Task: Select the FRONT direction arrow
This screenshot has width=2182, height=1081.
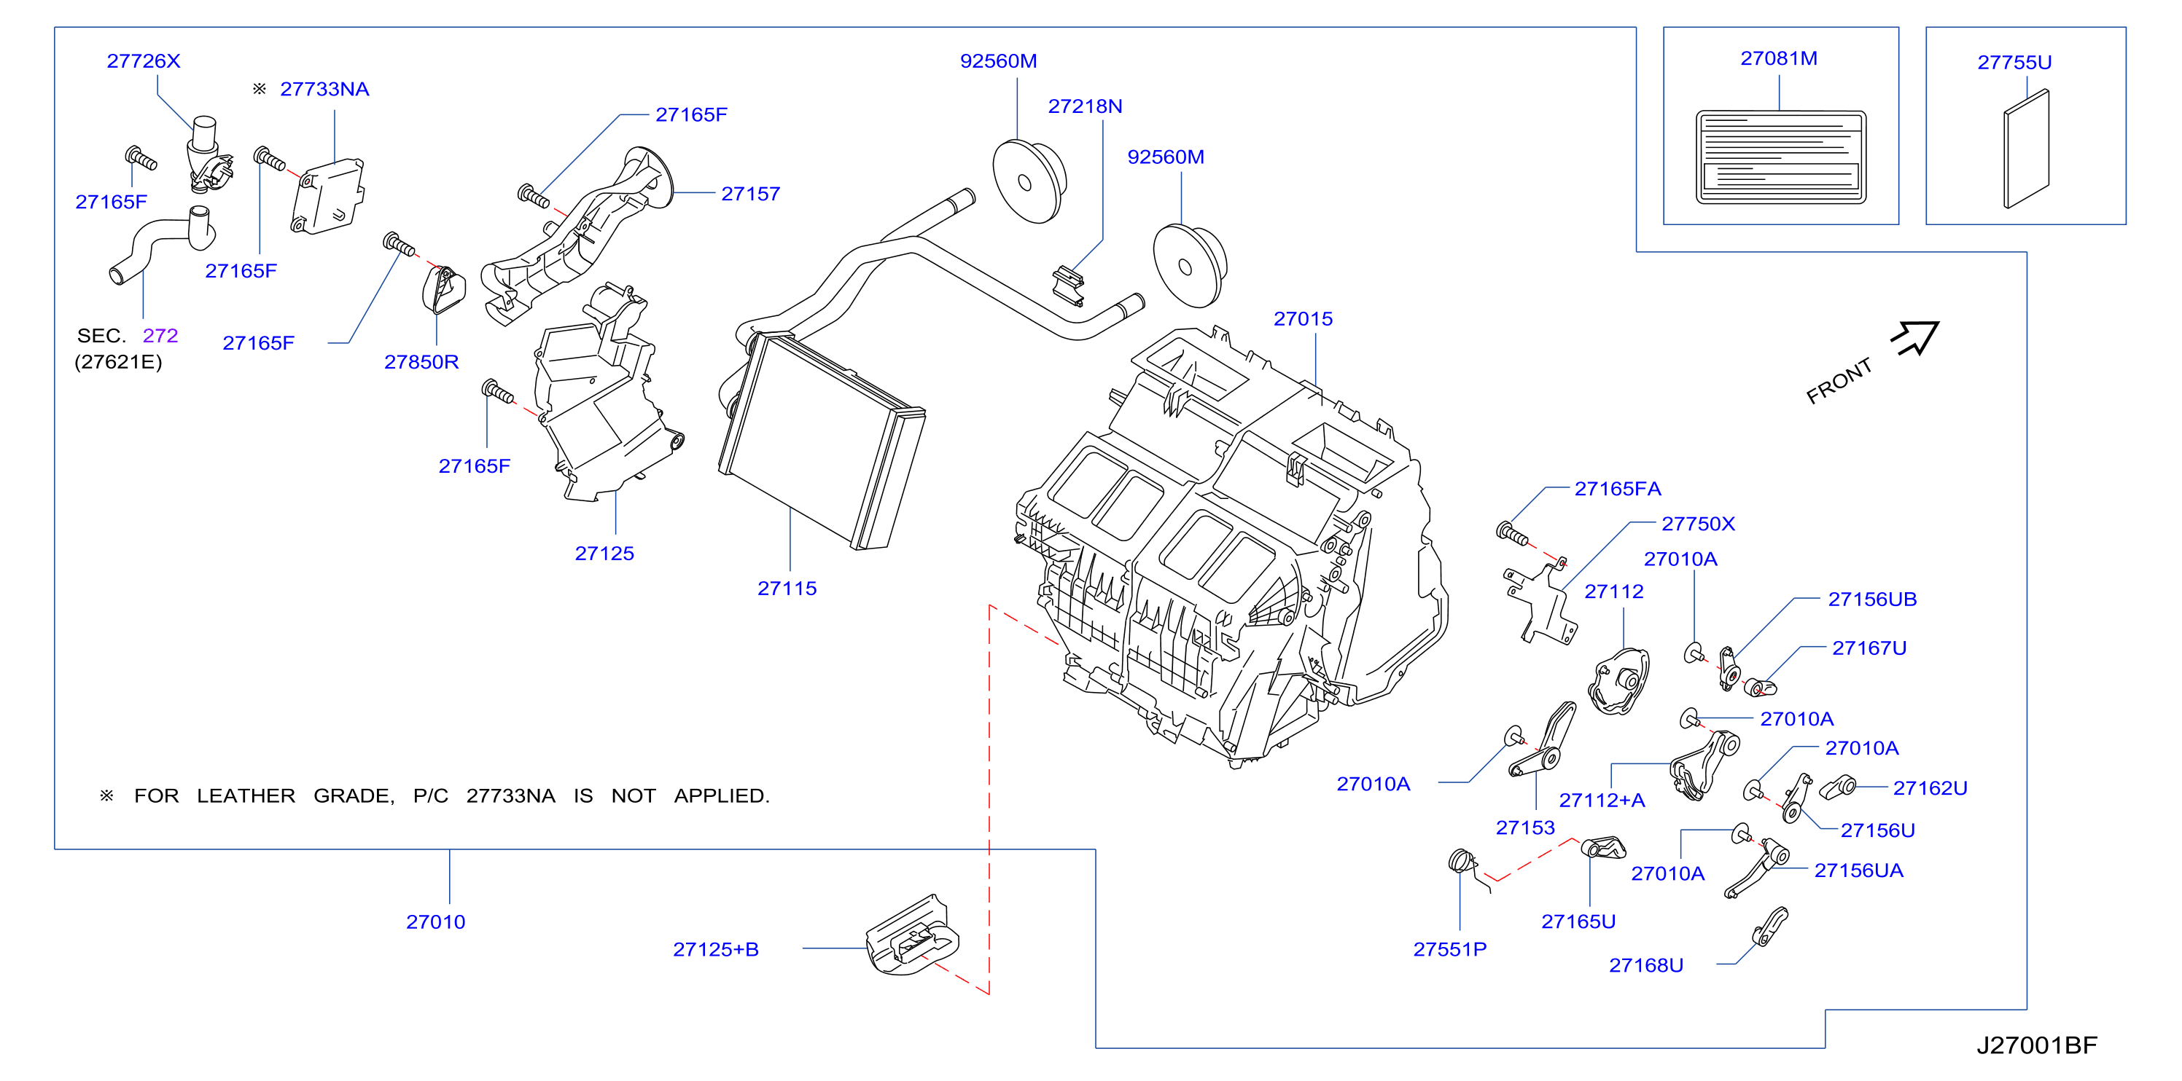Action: coord(1916,338)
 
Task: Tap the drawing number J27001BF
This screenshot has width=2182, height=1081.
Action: coord(2036,1045)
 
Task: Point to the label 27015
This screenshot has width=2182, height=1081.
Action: coord(1303,319)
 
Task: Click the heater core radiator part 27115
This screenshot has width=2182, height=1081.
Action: coord(821,440)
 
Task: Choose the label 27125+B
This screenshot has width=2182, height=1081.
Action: coord(716,949)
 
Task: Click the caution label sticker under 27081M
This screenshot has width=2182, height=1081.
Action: coord(1780,157)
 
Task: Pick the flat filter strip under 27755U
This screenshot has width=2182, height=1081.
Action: coord(2026,148)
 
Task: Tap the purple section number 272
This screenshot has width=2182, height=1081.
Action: coord(160,335)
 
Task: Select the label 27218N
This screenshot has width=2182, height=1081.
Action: coord(1085,106)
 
